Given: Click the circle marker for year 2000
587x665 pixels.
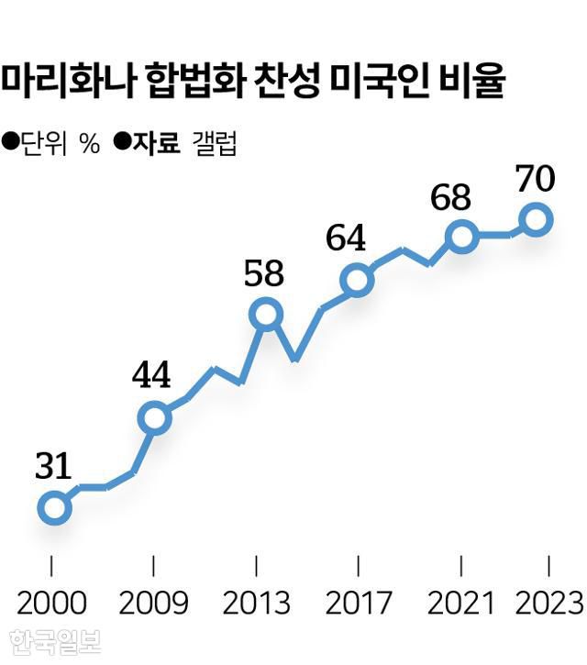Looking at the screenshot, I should coord(54,507).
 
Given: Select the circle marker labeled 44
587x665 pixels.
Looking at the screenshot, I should coord(155,418).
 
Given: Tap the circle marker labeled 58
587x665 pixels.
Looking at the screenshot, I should coord(265,315).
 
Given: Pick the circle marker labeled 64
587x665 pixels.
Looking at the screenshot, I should coord(356,280).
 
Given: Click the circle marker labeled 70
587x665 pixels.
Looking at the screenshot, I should coord(536,219).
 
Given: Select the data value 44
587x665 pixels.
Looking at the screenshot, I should coord(151,376).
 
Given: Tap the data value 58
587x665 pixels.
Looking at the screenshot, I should coord(264,274).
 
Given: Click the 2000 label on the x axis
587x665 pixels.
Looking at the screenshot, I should coord(51,603).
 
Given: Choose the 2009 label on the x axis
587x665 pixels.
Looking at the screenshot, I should coord(153,603).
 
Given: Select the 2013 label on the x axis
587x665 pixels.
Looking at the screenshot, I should coord(256,603).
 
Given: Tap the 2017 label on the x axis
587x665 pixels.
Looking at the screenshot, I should coord(358,603).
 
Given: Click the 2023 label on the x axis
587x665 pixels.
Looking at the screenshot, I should coord(548,603).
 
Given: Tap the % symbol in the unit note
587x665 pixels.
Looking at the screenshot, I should coord(89,145).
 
